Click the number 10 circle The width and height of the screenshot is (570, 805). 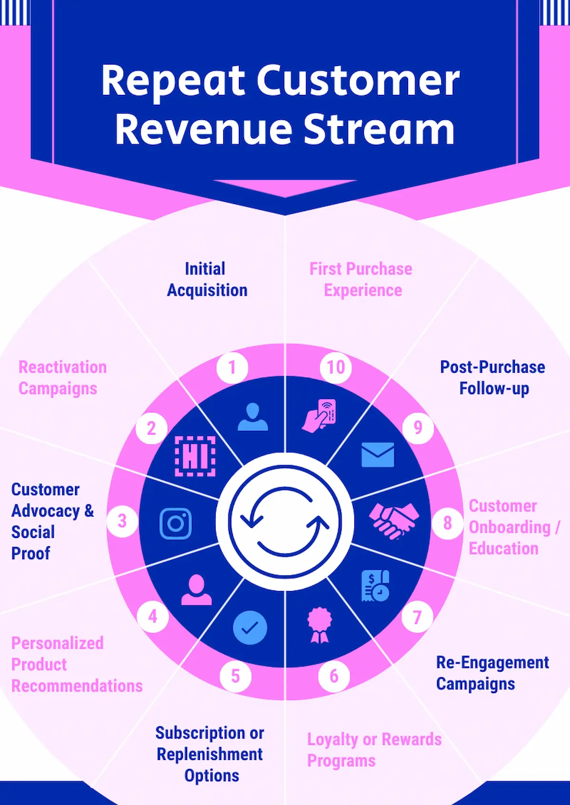(335, 368)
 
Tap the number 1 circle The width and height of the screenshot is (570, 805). (232, 368)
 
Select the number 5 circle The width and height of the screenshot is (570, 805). (236, 676)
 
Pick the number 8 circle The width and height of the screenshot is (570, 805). (447, 523)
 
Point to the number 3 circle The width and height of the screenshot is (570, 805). (122, 521)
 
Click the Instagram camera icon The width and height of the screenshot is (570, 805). (176, 524)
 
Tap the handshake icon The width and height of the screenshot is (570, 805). (394, 520)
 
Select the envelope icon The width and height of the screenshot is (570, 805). (378, 454)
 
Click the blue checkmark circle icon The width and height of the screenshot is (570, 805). (250, 628)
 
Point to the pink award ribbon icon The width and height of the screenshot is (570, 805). (320, 625)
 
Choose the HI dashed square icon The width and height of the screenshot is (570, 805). (195, 456)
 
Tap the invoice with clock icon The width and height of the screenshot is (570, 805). (375, 586)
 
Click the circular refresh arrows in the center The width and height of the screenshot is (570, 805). (285, 522)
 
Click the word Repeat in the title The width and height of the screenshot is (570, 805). (173, 81)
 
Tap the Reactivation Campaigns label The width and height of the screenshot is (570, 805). (62, 378)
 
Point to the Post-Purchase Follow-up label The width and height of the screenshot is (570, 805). (493, 378)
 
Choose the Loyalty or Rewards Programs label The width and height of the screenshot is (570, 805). (374, 749)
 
